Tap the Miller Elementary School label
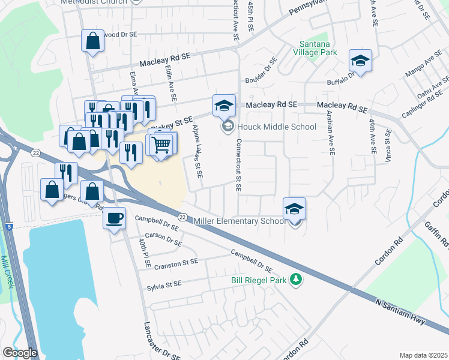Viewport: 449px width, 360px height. [x=239, y=221]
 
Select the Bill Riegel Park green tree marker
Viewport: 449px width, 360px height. [x=295, y=280]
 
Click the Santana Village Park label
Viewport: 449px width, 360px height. [x=319, y=48]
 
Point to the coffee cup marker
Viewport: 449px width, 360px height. [x=114, y=217]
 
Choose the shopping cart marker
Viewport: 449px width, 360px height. [x=161, y=145]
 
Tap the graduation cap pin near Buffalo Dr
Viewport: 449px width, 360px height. [x=360, y=61]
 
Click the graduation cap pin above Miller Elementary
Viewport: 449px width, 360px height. [x=294, y=209]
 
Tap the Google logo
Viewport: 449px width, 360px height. [x=20, y=353]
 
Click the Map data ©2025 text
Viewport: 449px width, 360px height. [x=423, y=355]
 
